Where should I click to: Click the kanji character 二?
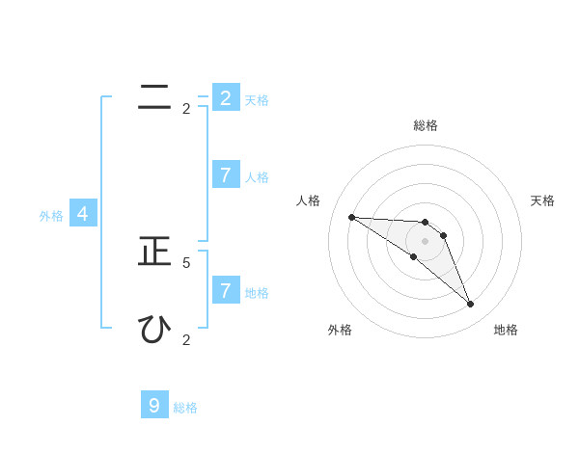click(154, 97)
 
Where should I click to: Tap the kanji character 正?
click(154, 252)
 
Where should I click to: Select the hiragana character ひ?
click(154, 330)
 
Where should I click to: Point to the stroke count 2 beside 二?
click(186, 109)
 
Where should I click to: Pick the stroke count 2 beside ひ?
click(186, 339)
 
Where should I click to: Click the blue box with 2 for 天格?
click(225, 97)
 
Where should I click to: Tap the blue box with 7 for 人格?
click(225, 174)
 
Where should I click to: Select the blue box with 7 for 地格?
click(225, 289)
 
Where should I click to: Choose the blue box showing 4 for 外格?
click(83, 214)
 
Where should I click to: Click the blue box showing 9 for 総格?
click(154, 405)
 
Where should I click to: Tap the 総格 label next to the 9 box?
click(185, 408)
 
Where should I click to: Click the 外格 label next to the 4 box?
click(51, 216)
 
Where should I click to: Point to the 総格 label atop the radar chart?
click(426, 125)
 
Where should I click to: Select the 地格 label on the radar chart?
click(506, 330)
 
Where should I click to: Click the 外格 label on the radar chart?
click(340, 330)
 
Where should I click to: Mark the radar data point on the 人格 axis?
click(351, 217)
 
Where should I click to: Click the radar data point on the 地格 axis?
click(470, 305)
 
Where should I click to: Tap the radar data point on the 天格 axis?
click(443, 235)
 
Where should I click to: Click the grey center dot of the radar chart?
click(425, 241)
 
